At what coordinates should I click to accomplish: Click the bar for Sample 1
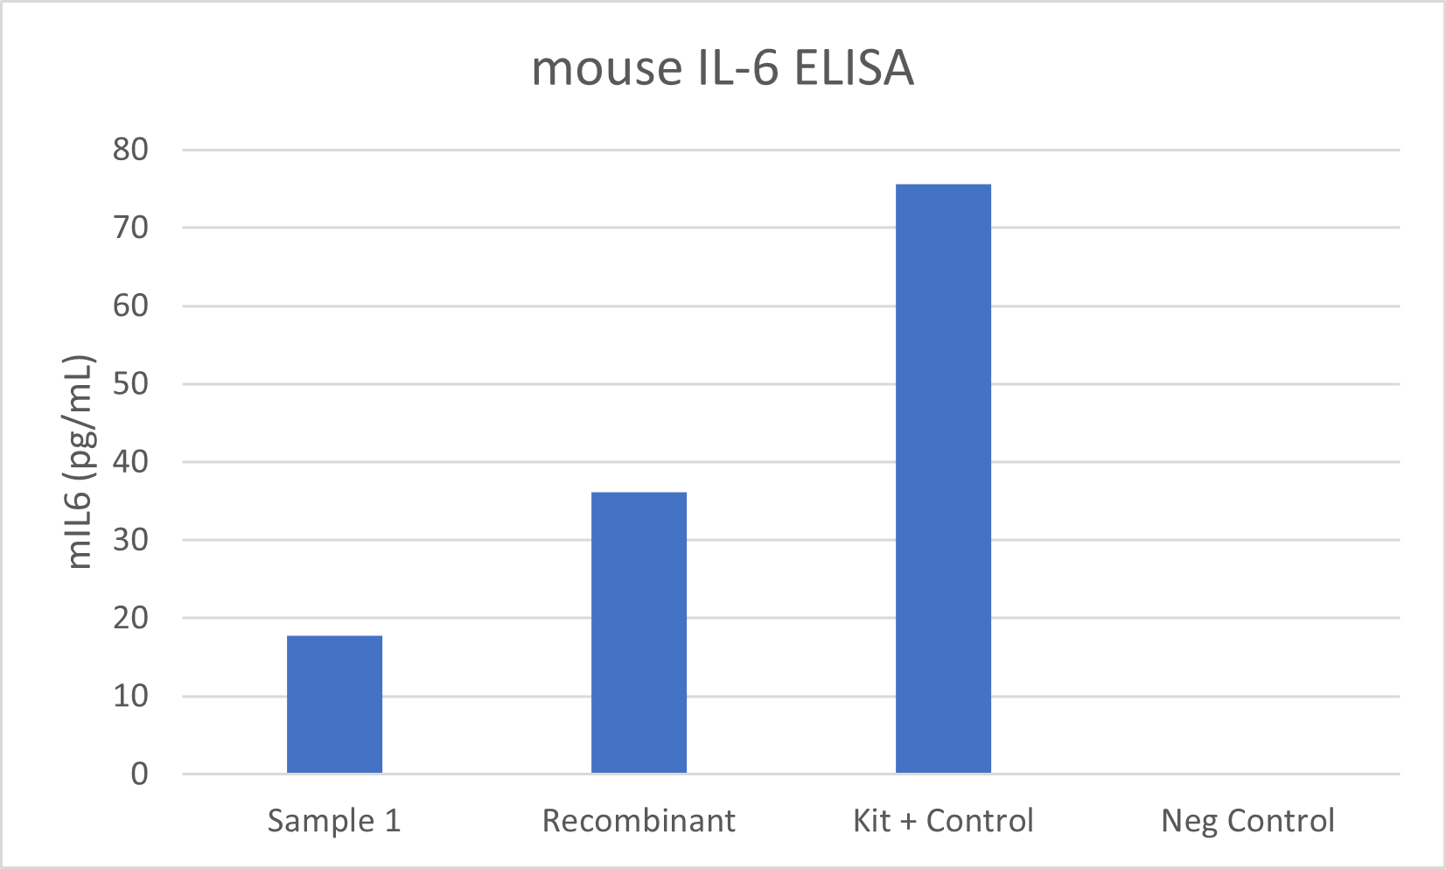coord(334,704)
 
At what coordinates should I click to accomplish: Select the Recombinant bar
coord(639,633)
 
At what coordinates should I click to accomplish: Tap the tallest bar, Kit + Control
coord(943,479)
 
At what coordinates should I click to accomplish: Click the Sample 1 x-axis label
coord(334,821)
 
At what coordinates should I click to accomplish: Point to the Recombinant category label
coord(639,821)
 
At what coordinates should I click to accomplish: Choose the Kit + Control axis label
coord(943,821)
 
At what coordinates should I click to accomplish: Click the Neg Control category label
coord(1247,821)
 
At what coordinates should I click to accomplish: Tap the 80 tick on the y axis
coord(130,150)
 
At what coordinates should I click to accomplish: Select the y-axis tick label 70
coord(130,228)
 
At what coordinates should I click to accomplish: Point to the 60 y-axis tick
coord(130,305)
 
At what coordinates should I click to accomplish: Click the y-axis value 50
coord(130,383)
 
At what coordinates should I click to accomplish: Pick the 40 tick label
coord(130,461)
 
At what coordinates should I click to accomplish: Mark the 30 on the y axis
coord(130,540)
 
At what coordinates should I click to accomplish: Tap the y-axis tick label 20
coord(130,618)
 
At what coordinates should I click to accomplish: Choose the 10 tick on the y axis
coord(130,697)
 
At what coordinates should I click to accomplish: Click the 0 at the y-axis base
coord(140,774)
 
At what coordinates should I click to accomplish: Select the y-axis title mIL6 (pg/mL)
coord(80,462)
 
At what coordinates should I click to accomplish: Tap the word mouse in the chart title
coord(607,68)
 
